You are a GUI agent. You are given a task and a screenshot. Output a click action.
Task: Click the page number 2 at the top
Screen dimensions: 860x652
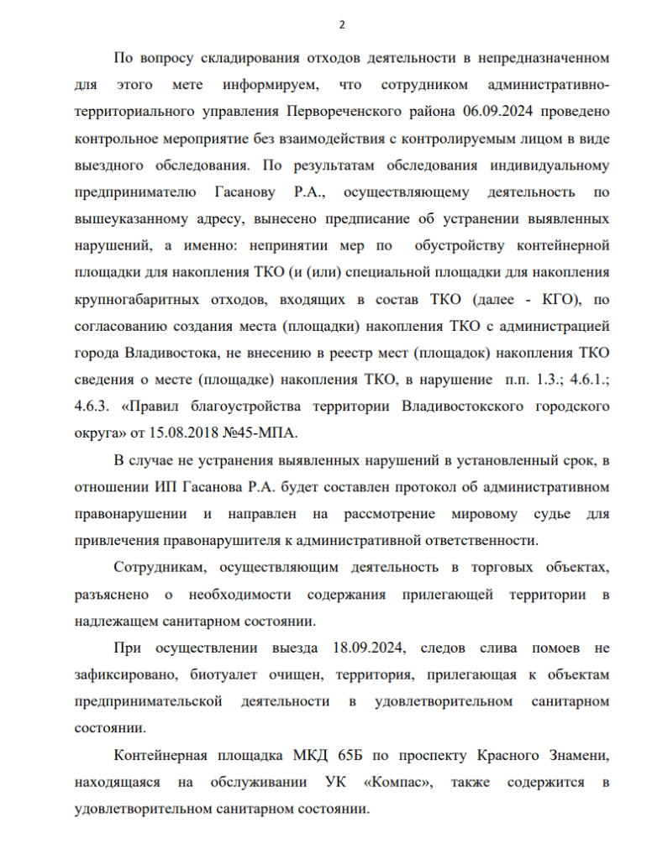point(341,24)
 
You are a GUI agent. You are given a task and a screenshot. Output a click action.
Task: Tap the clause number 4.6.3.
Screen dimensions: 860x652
point(92,406)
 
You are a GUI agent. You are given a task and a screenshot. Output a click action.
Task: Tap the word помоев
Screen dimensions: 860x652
point(554,648)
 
